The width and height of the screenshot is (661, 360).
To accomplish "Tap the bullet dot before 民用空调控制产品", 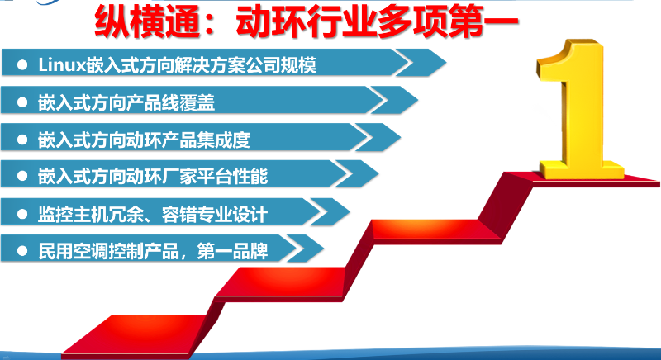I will pos(22,249).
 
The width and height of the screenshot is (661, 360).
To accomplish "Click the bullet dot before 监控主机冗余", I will pos(22,214).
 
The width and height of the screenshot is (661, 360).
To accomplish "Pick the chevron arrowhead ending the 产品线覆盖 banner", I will pos(388,101).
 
